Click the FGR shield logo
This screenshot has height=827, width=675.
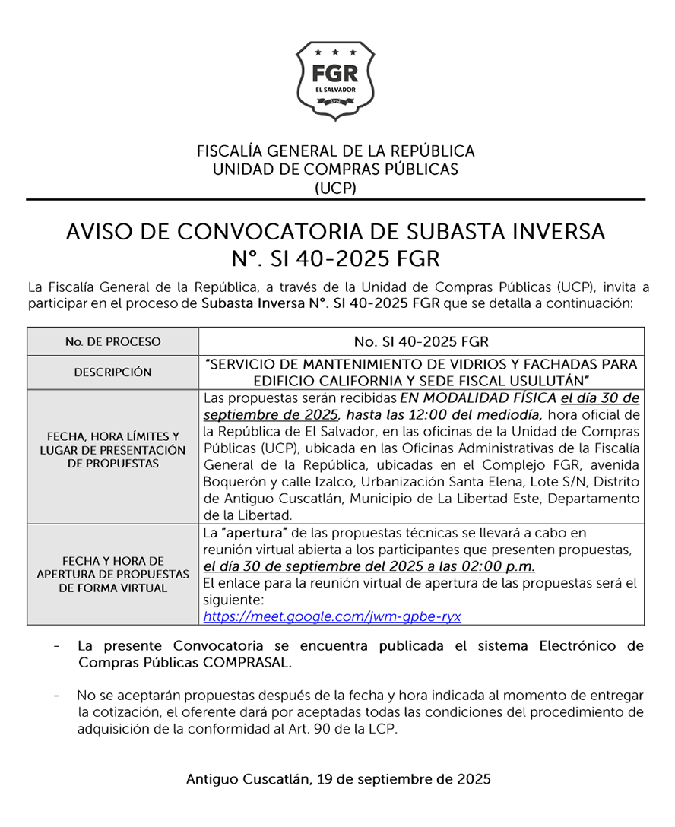335,80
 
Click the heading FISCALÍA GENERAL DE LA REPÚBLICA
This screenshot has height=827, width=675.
335,151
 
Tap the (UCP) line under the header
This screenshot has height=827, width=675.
335,188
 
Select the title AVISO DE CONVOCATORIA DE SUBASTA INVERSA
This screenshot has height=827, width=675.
335,232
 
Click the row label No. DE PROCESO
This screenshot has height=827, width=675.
112,342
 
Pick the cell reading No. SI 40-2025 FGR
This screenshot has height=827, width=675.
421,341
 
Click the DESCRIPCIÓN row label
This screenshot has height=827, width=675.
112,372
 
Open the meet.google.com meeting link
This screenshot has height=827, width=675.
332,616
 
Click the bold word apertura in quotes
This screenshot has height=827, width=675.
249,533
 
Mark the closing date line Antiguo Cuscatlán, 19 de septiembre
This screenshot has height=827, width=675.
337,779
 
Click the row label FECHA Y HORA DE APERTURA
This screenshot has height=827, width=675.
112,574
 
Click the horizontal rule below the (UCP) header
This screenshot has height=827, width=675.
335,200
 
